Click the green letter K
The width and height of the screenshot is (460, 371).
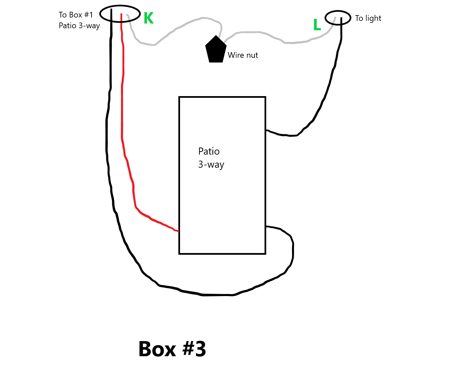[149, 18]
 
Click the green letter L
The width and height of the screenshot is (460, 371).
[317, 25]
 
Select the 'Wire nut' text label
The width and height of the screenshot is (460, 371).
[243, 55]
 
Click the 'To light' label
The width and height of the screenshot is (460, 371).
[368, 18]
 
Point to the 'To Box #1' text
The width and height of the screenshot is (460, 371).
[76, 15]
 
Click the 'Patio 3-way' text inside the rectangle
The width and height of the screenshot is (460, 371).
[211, 158]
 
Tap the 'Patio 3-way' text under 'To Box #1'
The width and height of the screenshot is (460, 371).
[79, 26]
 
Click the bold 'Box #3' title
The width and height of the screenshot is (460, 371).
[172, 349]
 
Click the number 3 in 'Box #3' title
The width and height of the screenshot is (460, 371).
[200, 349]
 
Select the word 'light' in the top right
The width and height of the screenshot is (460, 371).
[373, 18]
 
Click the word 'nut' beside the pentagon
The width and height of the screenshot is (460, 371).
[252, 55]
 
